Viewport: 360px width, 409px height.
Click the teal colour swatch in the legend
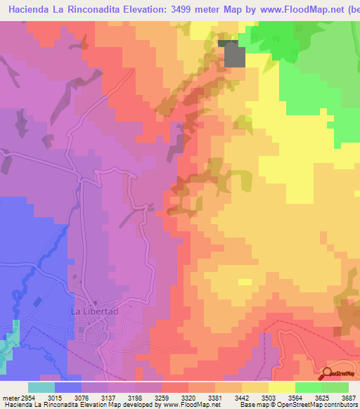(x=41, y=387)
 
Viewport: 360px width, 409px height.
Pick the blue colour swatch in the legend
(x=68, y=387)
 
